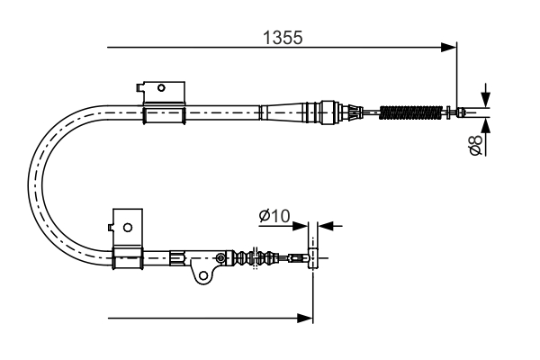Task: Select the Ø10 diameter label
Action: tap(273, 217)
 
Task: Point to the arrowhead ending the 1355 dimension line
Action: tap(451, 46)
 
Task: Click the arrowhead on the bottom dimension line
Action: tap(306, 317)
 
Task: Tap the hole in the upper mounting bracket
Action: tap(161, 88)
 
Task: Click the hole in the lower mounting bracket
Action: tap(127, 227)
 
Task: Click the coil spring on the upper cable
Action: tap(414, 112)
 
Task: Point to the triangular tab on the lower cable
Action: tap(200, 267)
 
